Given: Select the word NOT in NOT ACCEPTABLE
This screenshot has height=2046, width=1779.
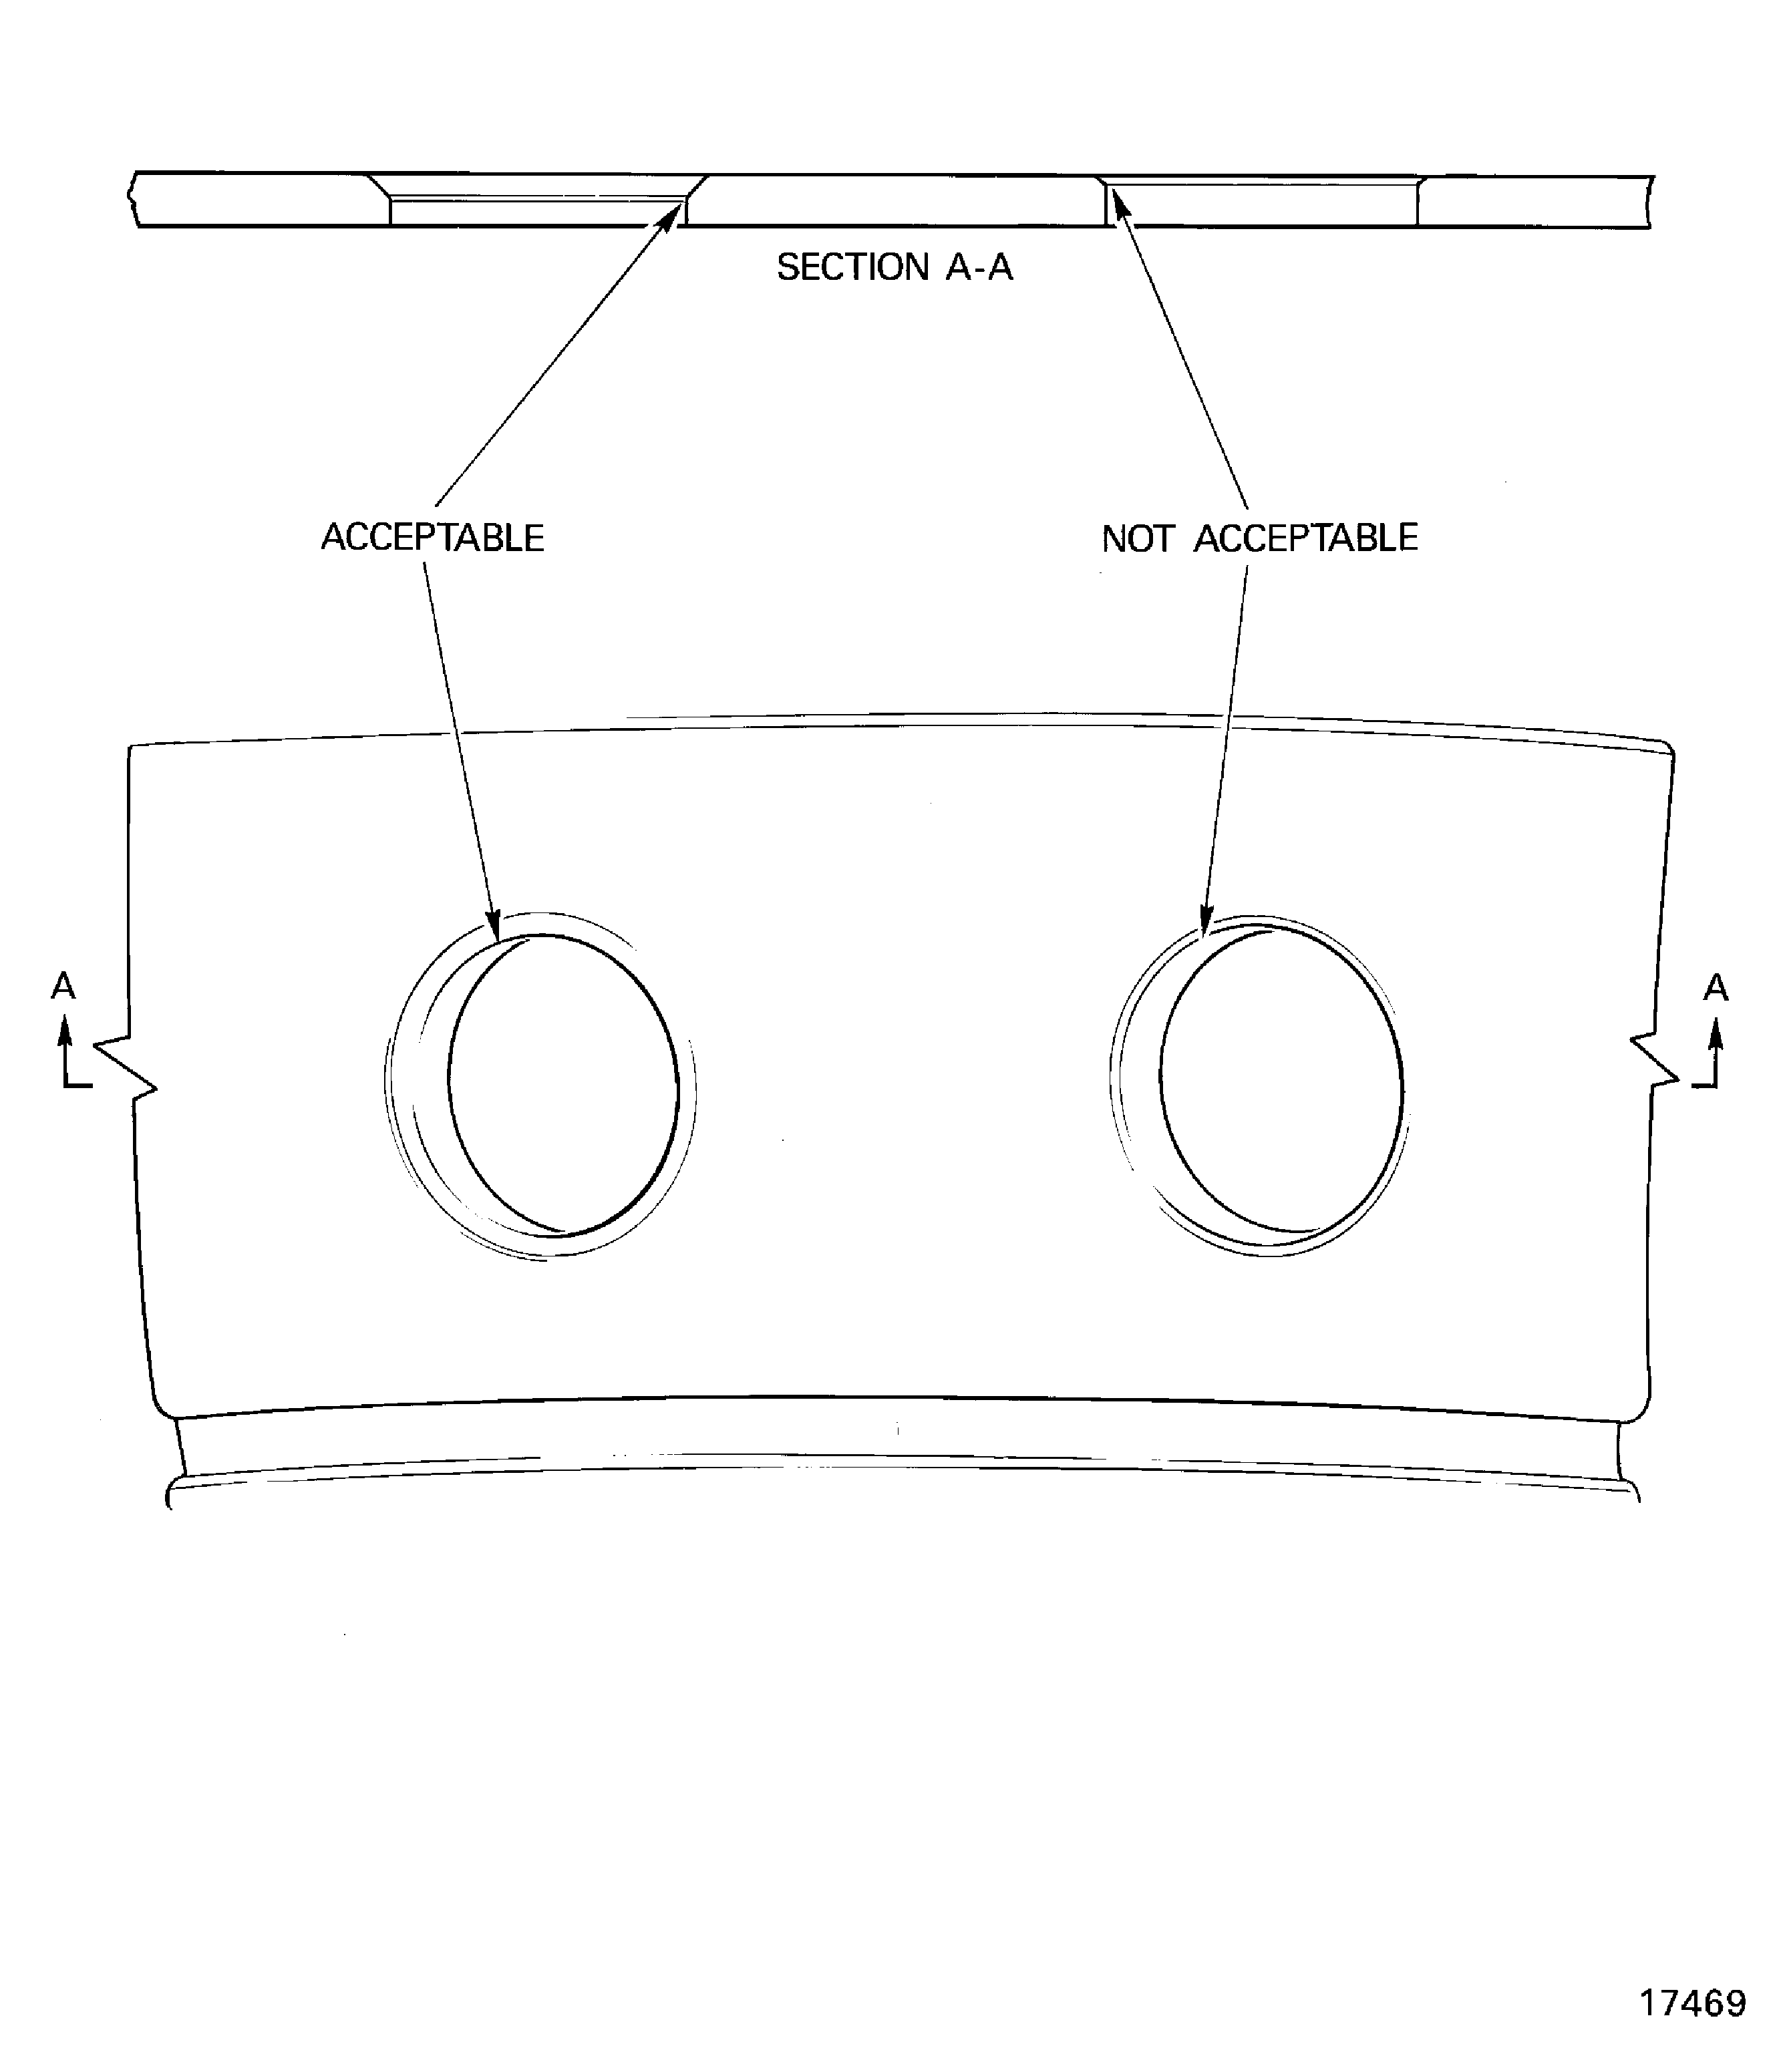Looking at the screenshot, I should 1137,538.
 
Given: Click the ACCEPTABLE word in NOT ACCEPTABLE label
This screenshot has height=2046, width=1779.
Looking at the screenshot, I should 1305,538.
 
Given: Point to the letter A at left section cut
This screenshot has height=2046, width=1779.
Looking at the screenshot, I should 63,986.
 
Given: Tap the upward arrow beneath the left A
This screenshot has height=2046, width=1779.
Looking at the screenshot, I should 65,1033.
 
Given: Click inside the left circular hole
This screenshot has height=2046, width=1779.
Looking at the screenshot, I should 563,1084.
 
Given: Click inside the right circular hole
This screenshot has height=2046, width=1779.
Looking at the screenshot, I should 1281,1080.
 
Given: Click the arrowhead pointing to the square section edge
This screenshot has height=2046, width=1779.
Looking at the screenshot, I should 1120,204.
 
